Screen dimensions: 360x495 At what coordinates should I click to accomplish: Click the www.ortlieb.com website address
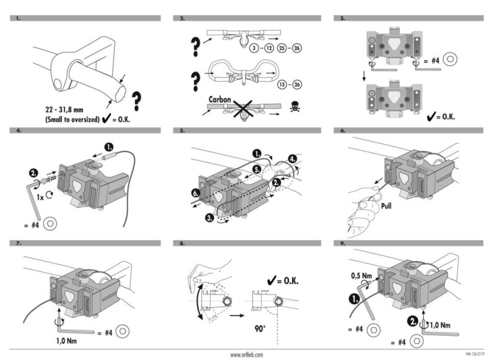pyautogui.click(x=247, y=354)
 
